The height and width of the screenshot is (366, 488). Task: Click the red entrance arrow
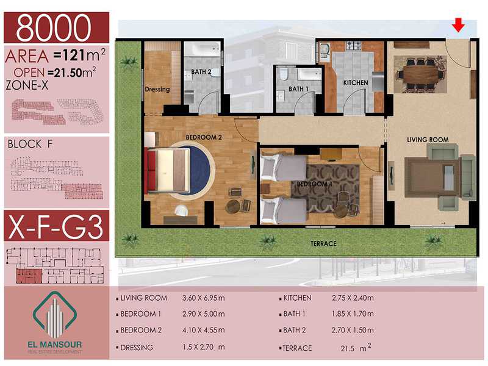458,25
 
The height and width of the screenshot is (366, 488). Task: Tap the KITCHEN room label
356,83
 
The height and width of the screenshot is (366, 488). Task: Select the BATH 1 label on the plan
298,89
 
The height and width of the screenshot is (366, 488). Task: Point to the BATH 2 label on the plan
201,72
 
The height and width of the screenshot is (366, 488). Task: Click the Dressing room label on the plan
157,89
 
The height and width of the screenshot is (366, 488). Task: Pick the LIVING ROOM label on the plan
428,140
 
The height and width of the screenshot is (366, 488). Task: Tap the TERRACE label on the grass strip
323,243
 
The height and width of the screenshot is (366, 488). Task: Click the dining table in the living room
420,74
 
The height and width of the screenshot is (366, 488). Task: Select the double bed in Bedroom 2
168,170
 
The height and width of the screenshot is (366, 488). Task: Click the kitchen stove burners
354,45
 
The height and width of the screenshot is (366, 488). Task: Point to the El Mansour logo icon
55,315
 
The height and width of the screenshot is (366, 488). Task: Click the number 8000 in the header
54,27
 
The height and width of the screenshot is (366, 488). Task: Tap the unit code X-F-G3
56,226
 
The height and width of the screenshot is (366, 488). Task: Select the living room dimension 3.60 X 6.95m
204,298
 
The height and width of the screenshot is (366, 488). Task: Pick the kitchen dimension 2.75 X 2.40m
353,298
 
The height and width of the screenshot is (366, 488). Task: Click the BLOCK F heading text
30,144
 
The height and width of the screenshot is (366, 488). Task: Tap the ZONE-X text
27,85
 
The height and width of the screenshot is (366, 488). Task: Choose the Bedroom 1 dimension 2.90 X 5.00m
204,314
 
